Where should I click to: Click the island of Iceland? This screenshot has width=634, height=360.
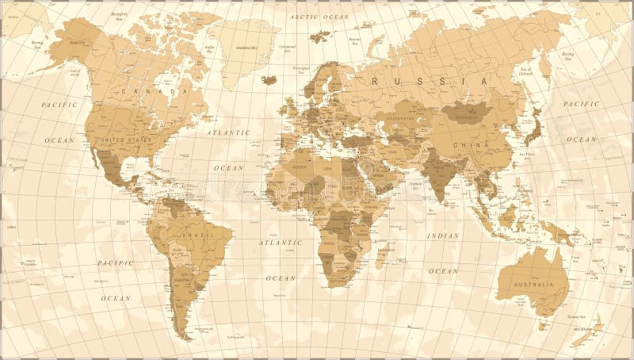click(x=269, y=79)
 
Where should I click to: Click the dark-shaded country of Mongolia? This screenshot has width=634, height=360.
click(x=467, y=113)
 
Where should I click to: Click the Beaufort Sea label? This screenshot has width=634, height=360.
click(x=98, y=16)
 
